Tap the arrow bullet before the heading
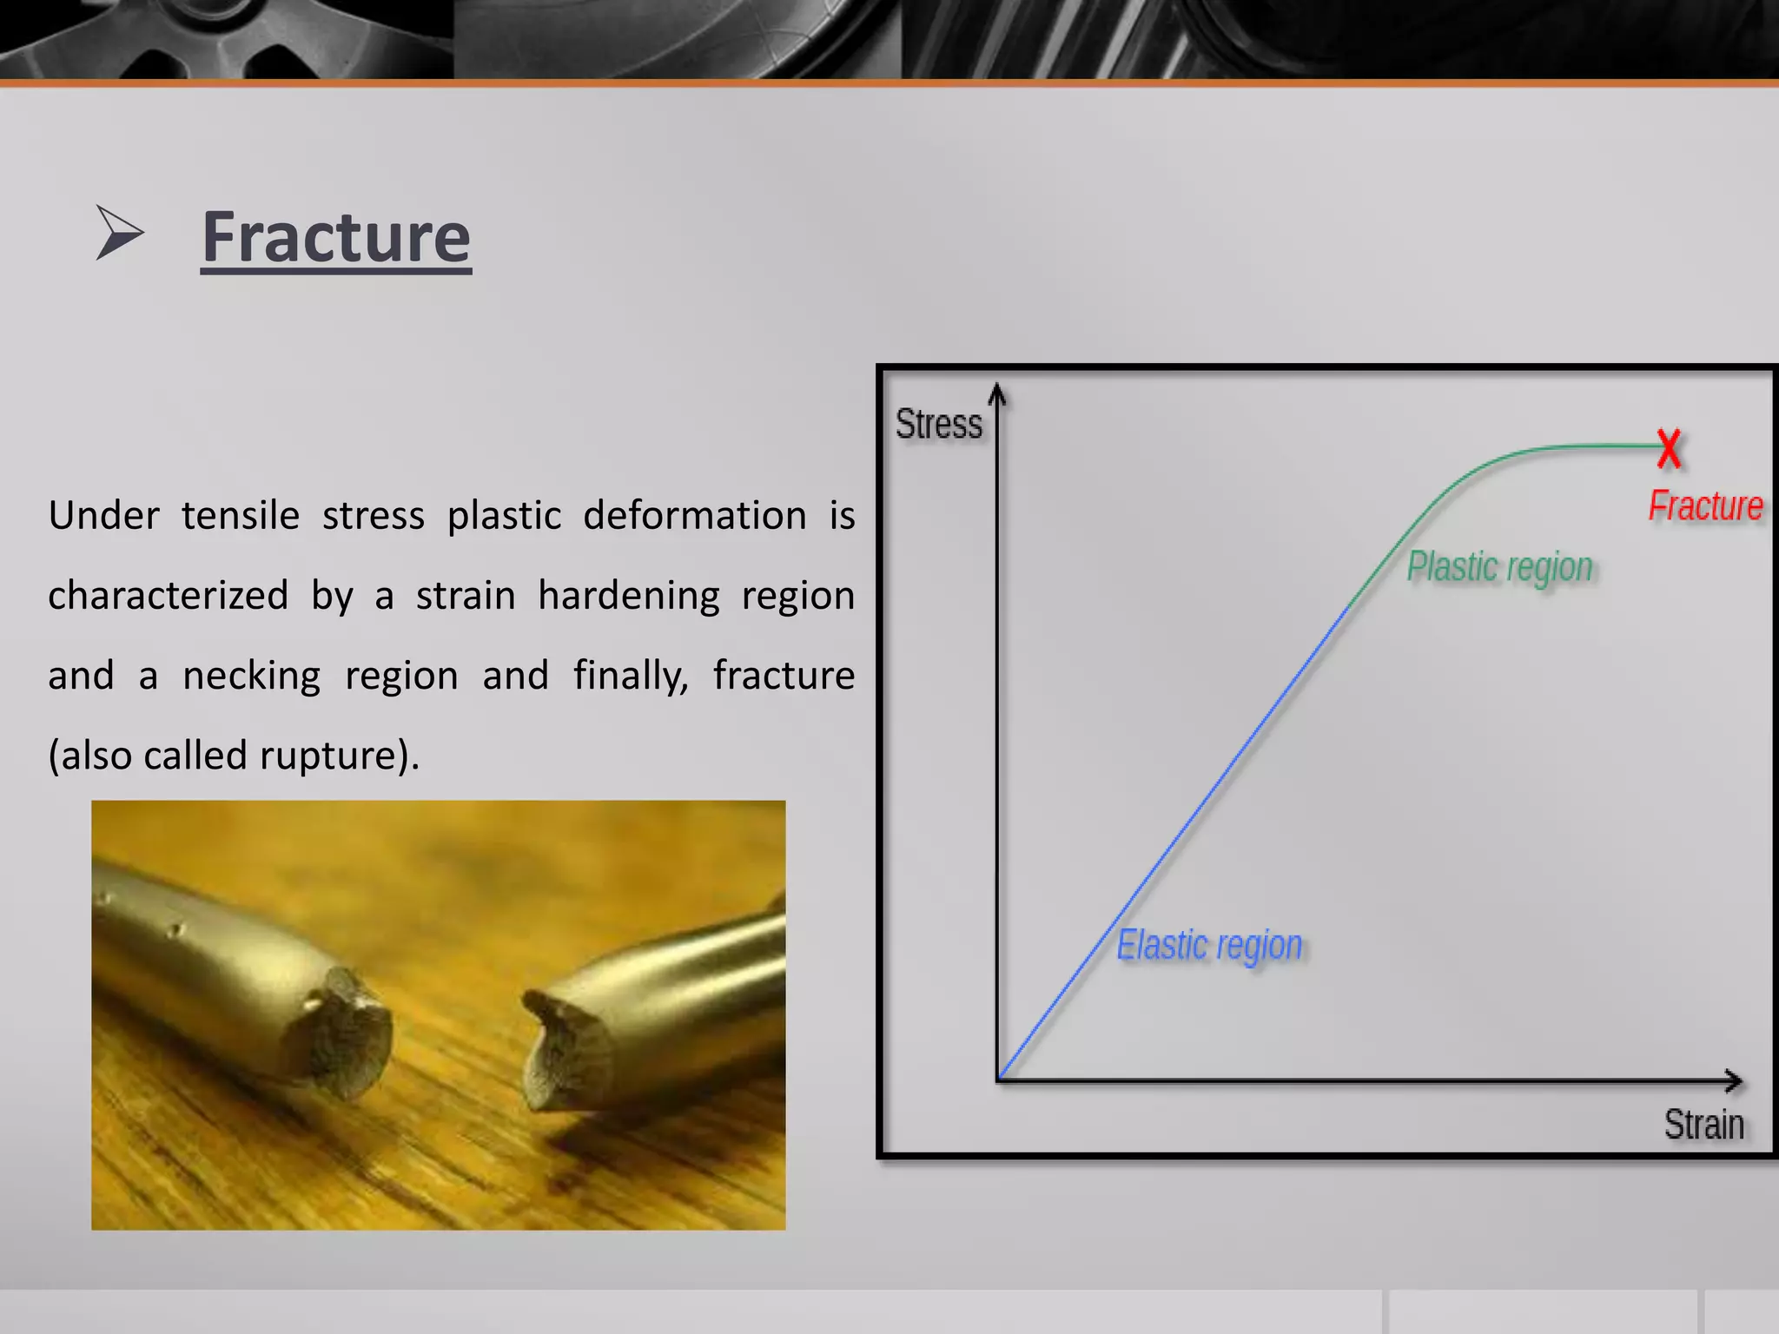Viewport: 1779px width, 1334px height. tap(119, 233)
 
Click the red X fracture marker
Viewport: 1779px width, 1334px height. tap(1669, 448)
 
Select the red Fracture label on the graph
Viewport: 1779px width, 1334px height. tap(1705, 505)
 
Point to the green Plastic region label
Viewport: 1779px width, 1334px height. tap(1499, 567)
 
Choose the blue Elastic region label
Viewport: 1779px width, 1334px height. tap(1209, 946)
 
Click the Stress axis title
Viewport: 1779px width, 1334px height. tap(938, 425)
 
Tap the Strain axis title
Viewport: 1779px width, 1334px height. tap(1703, 1125)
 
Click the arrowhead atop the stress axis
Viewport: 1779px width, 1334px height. tap(998, 394)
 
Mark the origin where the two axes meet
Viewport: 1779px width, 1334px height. tap(999, 1080)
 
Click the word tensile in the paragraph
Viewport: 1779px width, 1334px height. tap(241, 516)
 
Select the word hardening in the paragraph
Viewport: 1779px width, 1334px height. tap(629, 596)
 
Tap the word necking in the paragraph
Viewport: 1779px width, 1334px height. tap(251, 676)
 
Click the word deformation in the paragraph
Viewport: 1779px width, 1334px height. tap(694, 516)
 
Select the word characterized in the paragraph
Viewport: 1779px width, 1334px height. tap(168, 596)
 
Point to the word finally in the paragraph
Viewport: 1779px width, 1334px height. tap(630, 676)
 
